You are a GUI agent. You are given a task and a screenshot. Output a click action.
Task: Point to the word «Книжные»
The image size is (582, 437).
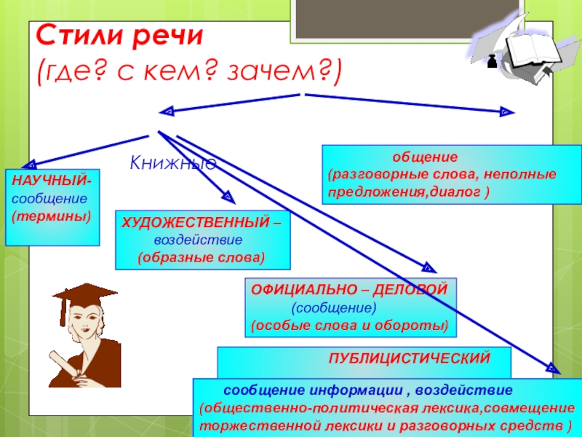point(173,162)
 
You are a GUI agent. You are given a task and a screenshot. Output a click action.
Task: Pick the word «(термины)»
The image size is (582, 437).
point(51,216)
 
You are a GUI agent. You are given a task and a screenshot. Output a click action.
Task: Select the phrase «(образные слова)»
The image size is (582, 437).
point(202,258)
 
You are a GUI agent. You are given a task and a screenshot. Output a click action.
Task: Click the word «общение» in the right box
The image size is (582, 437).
point(425,157)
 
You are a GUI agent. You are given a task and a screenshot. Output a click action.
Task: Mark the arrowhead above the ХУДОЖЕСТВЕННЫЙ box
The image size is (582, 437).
point(227,197)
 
